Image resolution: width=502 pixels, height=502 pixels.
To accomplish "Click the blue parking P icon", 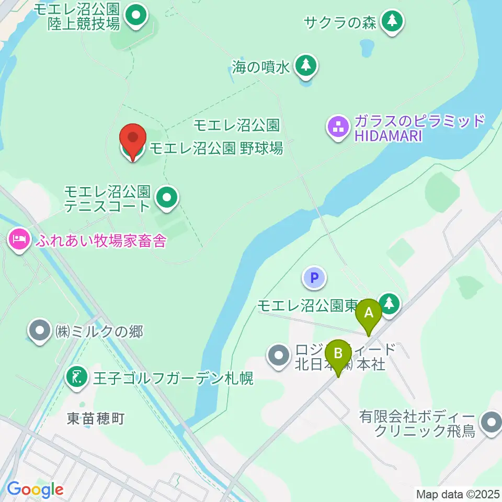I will [314, 278].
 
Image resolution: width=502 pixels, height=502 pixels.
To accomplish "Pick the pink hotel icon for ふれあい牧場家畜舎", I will [19, 240].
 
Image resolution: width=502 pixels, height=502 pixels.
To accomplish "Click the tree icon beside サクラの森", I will [392, 21].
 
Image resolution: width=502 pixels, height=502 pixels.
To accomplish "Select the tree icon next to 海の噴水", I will [306, 66].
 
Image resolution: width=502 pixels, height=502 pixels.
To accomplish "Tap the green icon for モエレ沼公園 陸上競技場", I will [136, 15].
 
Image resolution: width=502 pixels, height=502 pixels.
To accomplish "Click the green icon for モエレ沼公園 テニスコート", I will [167, 198].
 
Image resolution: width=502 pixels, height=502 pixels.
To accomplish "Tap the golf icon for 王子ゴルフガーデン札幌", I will [77, 377].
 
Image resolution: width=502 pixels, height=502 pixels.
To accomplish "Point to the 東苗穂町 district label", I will [95, 418].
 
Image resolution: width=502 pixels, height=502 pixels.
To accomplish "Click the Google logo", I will [35, 489].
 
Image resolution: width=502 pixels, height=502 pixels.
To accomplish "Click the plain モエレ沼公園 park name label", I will [237, 125].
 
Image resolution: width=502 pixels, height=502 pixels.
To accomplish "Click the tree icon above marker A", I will [389, 303].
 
